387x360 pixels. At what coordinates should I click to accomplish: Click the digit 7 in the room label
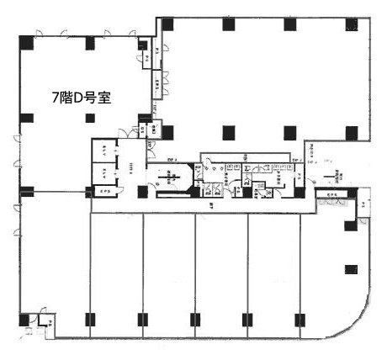pos(56,98)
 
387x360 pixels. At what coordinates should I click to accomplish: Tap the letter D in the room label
pos(78,98)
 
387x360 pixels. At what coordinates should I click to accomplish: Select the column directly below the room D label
pos(90,117)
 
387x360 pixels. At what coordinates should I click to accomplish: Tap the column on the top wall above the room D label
pos(90,43)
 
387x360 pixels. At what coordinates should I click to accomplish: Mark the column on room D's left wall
pos(25,117)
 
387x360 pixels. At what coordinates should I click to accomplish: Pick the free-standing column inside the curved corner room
pos(350,269)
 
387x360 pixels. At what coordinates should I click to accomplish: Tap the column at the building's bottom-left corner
pos(24,320)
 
